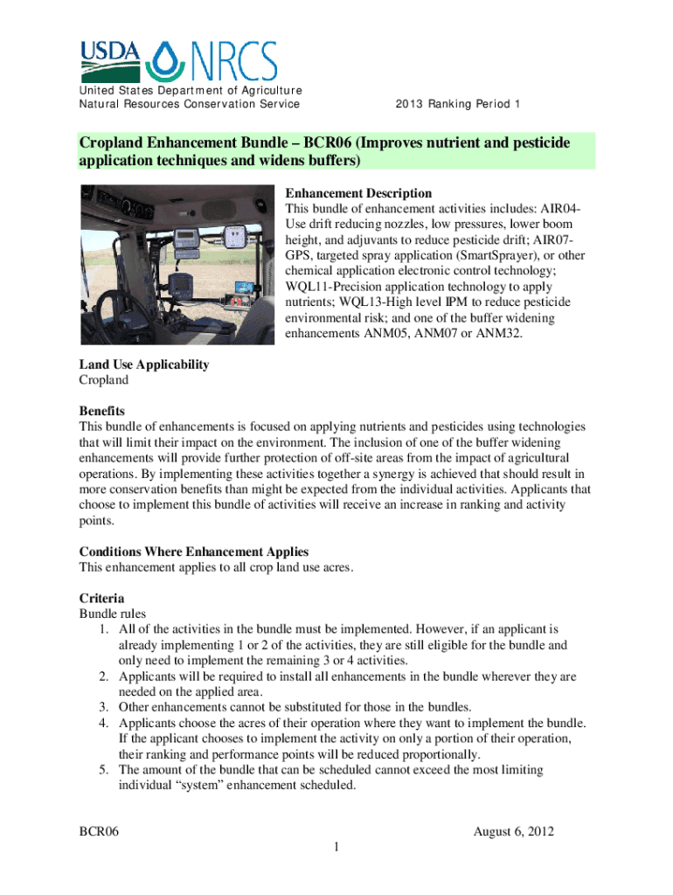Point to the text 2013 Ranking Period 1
pos(458,105)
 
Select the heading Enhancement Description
pos(358,193)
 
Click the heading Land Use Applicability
pos(144,364)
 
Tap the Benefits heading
pos(102,411)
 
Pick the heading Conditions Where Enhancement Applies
pos(194,552)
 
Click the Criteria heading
pos(101,599)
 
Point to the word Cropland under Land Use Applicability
pos(104,380)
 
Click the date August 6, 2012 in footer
pos(514,831)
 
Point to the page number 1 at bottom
pos(336,848)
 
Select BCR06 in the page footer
pos(100,831)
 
